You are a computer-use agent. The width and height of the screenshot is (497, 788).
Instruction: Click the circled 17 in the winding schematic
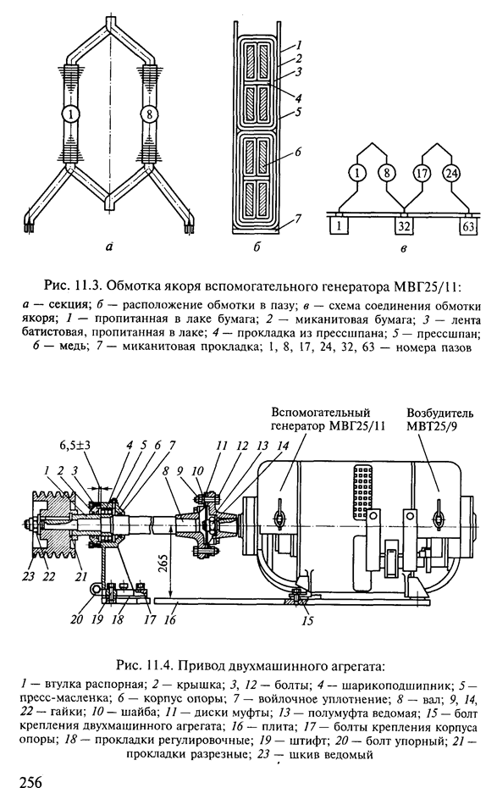(x=421, y=175)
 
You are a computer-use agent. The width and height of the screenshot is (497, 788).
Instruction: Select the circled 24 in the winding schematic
(x=450, y=175)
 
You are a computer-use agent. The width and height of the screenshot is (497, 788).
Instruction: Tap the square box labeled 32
(x=404, y=226)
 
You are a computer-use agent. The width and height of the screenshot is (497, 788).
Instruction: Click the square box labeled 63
(x=468, y=226)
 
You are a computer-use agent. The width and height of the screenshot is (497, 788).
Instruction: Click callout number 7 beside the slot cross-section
(x=298, y=218)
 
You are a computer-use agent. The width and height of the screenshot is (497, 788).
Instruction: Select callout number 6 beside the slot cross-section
(x=298, y=152)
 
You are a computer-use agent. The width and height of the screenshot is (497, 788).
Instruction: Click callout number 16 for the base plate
(x=170, y=619)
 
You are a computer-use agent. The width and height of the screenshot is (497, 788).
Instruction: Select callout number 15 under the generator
(x=307, y=621)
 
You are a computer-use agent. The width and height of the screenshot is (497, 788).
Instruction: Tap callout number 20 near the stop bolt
(x=77, y=619)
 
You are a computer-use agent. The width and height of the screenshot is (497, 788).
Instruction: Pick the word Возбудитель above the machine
(x=439, y=413)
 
